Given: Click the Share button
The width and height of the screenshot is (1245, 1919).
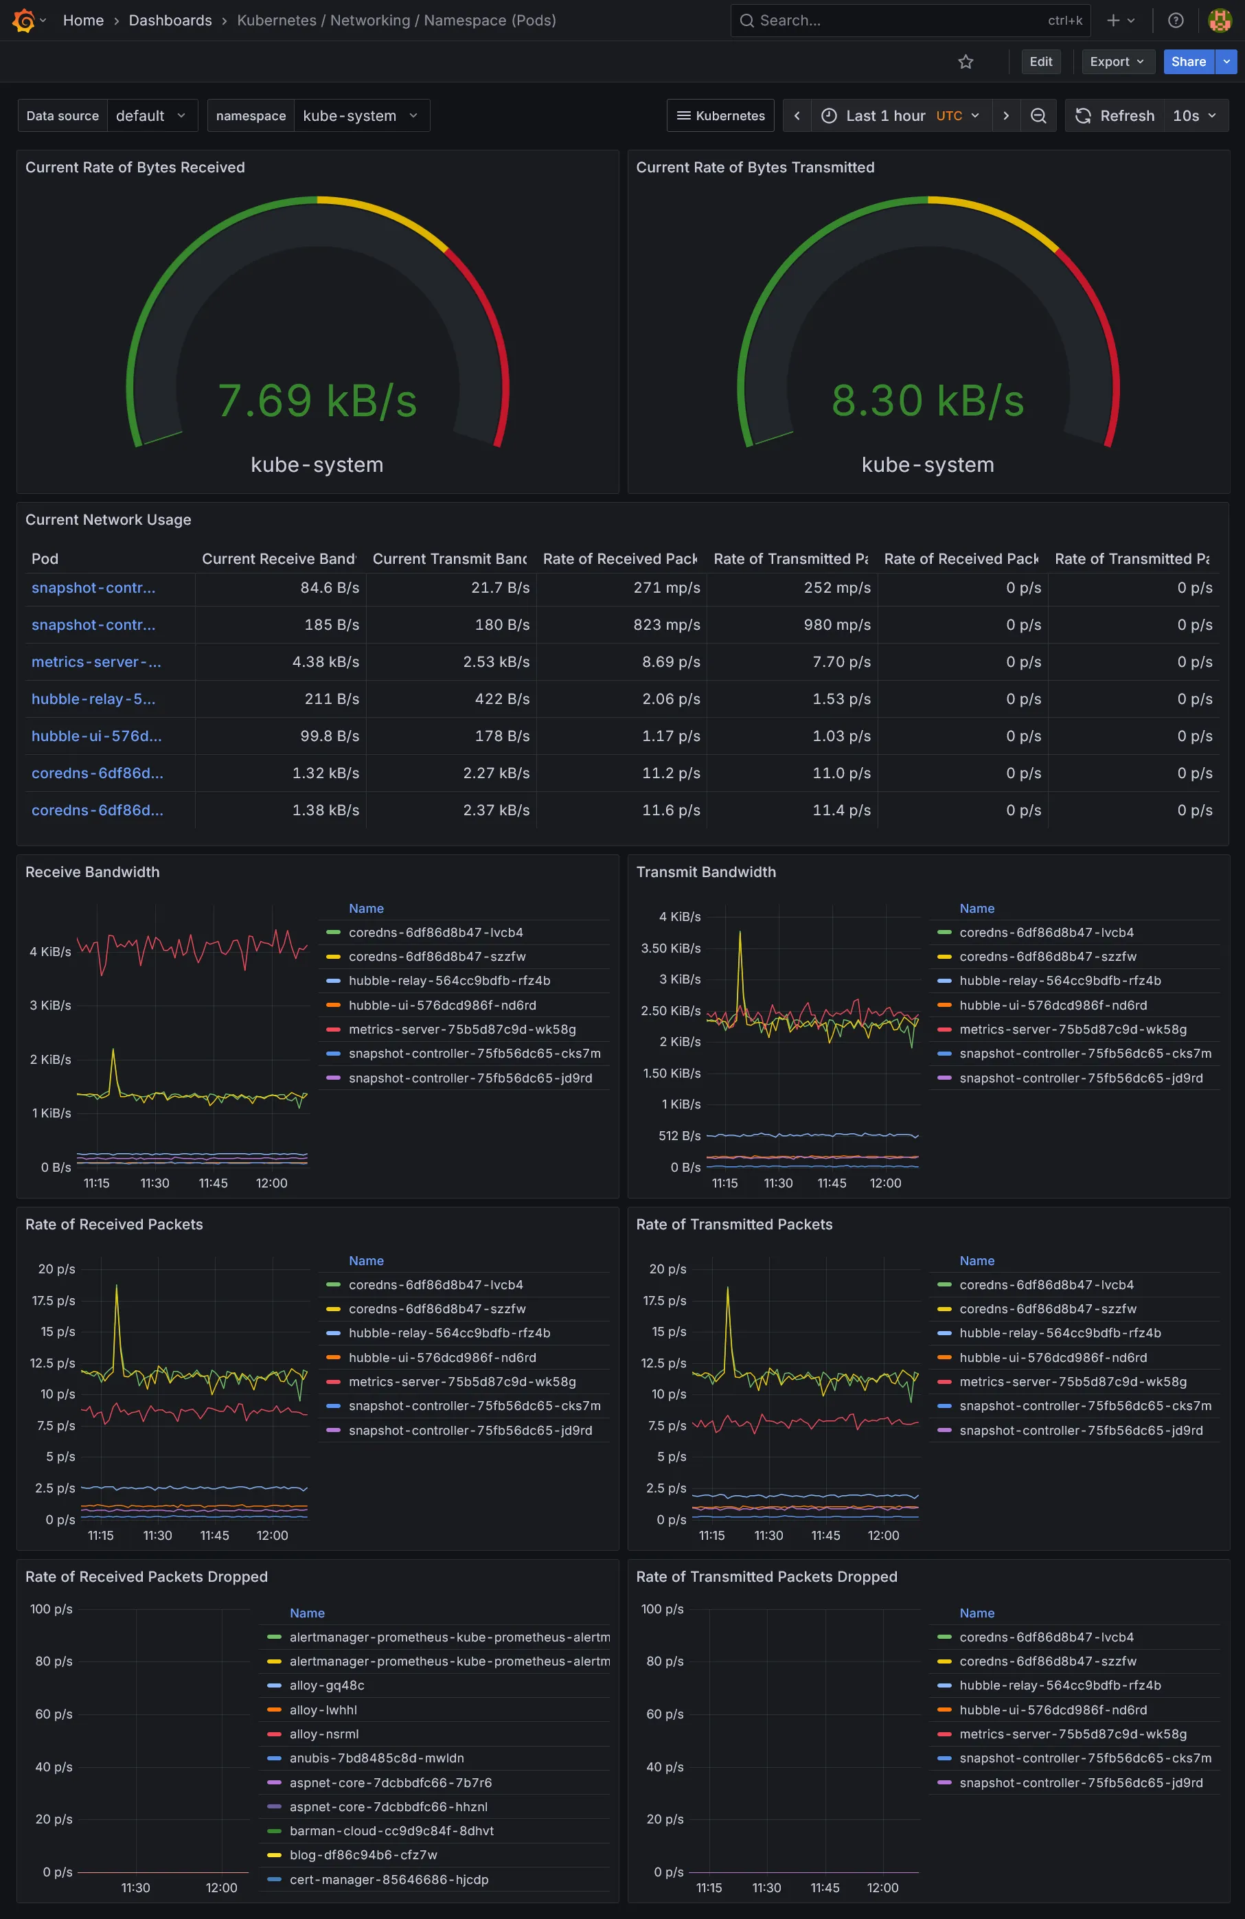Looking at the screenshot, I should pyautogui.click(x=1188, y=61).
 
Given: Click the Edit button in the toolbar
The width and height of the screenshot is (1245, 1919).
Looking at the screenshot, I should pyautogui.click(x=1040, y=61).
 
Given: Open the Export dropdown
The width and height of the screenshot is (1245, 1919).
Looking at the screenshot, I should pyautogui.click(x=1117, y=61).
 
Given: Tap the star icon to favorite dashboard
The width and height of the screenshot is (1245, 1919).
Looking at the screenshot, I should pyautogui.click(x=966, y=61).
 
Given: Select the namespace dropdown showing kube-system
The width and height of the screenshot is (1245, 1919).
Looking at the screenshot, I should pyautogui.click(x=361, y=115).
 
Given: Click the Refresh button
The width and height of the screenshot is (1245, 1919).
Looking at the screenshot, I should pyautogui.click(x=1115, y=115).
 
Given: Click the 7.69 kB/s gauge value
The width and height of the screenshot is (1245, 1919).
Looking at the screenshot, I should pyautogui.click(x=317, y=400).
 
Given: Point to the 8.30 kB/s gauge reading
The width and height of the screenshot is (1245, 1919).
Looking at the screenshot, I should pyautogui.click(x=927, y=400).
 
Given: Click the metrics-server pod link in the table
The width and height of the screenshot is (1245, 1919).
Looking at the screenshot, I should pyautogui.click(x=96, y=662).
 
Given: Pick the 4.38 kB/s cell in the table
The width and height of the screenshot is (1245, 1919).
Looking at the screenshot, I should pyautogui.click(x=325, y=662).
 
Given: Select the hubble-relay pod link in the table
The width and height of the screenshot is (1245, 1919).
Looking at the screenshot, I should pyautogui.click(x=93, y=699).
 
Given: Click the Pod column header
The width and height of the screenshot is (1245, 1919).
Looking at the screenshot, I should pyautogui.click(x=45, y=559).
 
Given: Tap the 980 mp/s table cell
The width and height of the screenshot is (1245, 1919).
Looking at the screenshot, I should pyautogui.click(x=837, y=625).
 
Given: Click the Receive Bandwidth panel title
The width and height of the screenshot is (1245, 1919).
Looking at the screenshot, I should pyautogui.click(x=92, y=872).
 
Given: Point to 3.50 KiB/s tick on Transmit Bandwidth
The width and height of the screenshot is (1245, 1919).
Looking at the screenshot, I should pyautogui.click(x=670, y=949).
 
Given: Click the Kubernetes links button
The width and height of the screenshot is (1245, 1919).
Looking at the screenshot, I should pyautogui.click(x=720, y=115).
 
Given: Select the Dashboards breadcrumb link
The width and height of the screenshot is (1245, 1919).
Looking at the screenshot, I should pyautogui.click(x=170, y=20).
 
